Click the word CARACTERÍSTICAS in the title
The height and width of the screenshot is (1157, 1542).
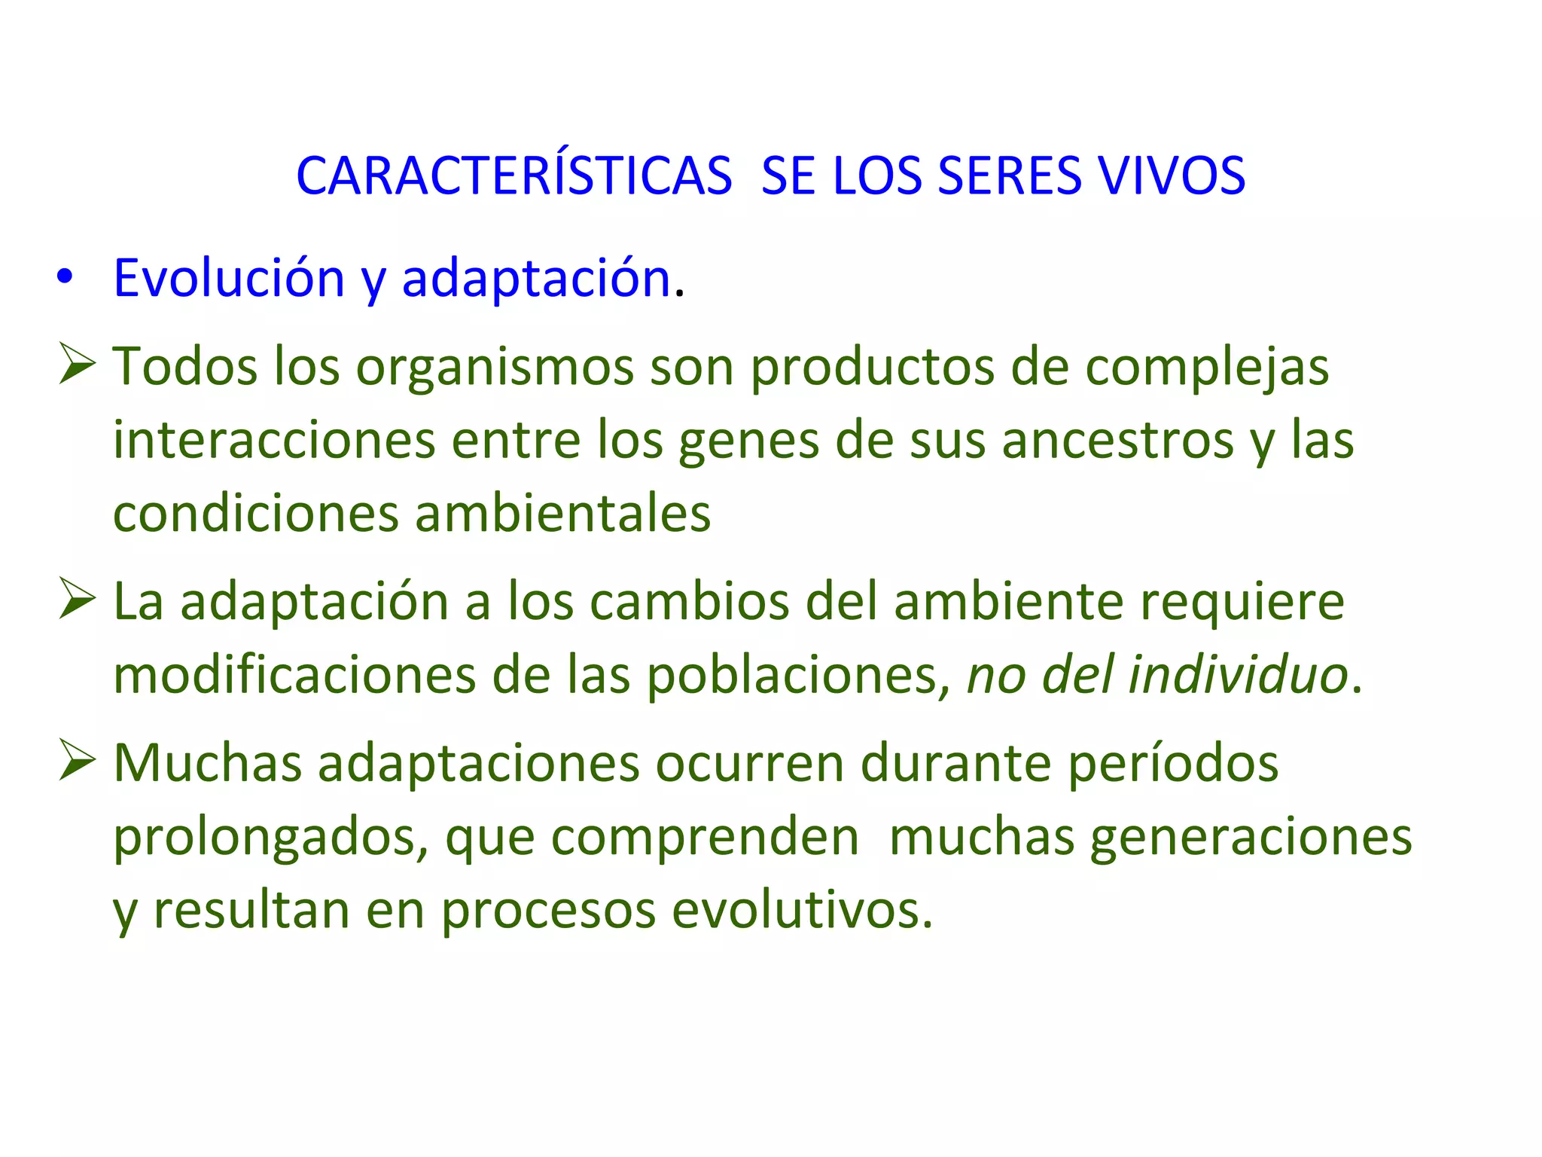pyautogui.click(x=514, y=177)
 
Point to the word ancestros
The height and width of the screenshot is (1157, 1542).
pyautogui.click(x=1117, y=440)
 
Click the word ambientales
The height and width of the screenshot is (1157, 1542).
pyautogui.click(x=562, y=514)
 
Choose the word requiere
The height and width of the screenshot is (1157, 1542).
pyautogui.click(x=1242, y=603)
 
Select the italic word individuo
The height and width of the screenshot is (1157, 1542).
pyautogui.click(x=1238, y=675)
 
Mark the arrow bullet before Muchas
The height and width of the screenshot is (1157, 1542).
pyautogui.click(x=77, y=760)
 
